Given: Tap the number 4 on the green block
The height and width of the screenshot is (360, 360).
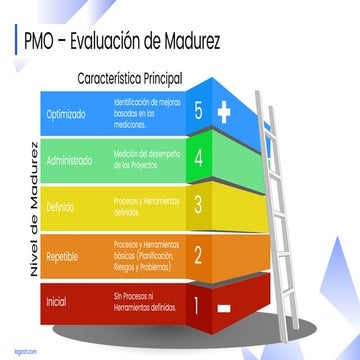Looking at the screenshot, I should (199, 158).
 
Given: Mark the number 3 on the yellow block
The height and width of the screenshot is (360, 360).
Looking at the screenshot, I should (198, 205).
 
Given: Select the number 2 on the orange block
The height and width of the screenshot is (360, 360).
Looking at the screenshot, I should (198, 253).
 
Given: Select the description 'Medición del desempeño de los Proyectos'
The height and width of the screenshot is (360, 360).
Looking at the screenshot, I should (146, 157).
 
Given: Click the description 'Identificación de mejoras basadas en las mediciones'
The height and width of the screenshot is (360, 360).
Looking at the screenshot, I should (147, 113).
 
